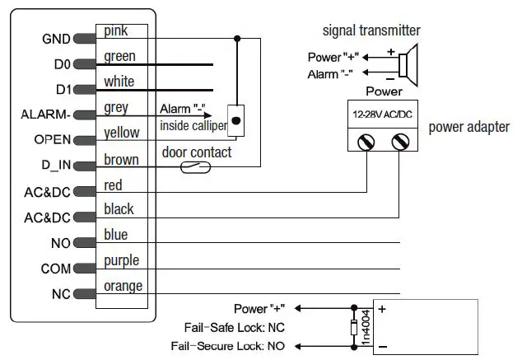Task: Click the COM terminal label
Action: [56, 269]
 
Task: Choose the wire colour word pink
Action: [116, 31]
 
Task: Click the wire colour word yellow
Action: [122, 133]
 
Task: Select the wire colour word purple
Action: [121, 261]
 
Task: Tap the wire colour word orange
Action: [123, 287]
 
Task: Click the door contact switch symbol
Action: [196, 166]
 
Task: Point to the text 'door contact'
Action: [197, 152]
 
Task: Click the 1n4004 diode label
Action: [366, 327]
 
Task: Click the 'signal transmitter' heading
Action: [371, 31]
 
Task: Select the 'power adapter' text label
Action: [468, 127]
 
